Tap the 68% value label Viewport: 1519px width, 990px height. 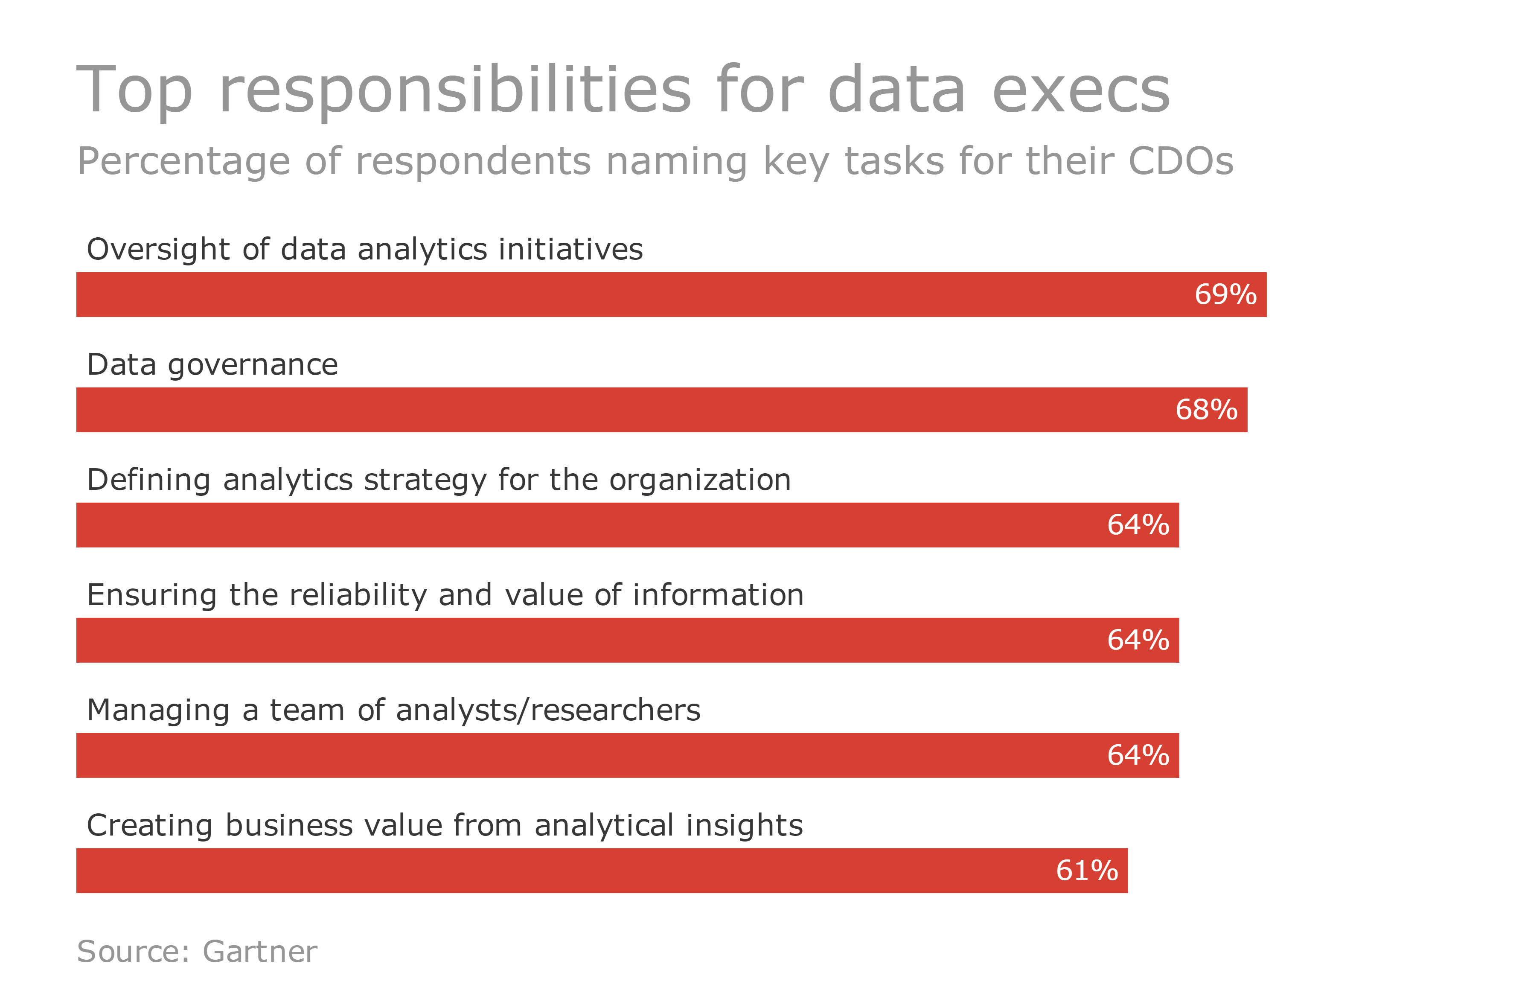point(1206,410)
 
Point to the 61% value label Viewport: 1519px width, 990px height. point(1086,871)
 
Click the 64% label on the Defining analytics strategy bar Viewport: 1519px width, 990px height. point(1138,525)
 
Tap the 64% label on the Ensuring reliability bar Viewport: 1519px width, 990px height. point(1138,640)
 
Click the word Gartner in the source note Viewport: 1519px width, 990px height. point(260,952)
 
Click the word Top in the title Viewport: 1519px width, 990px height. point(134,90)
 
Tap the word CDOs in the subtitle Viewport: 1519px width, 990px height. point(1180,161)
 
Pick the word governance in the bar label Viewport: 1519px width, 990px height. point(253,366)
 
